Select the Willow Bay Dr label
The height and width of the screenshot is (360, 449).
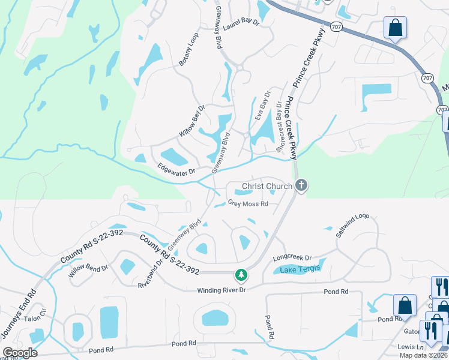point(192,121)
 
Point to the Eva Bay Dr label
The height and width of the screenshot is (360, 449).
point(264,105)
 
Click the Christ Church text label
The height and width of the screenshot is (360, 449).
point(267,187)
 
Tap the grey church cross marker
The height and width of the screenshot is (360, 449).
point(301,187)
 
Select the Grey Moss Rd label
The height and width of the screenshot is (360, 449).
point(248,203)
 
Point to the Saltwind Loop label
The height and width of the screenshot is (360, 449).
point(352,225)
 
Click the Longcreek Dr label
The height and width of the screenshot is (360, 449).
point(293,258)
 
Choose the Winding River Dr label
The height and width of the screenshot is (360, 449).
point(222,290)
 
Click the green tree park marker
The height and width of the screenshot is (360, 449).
point(241,275)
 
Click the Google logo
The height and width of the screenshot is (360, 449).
point(20,352)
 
